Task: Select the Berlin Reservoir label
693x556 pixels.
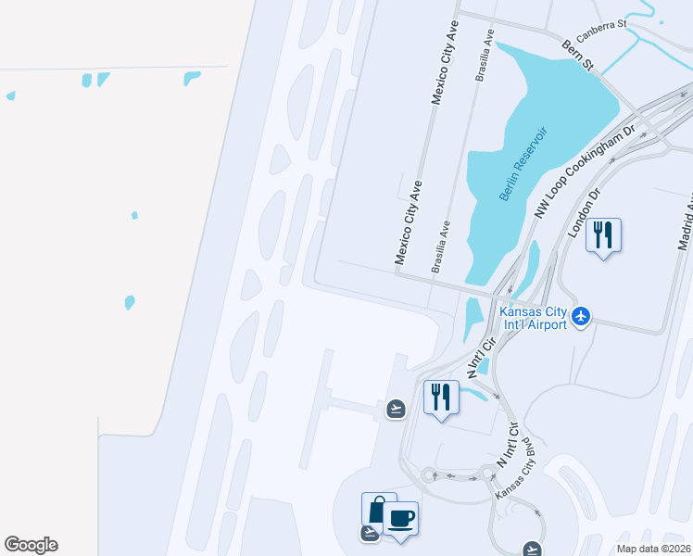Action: [x=523, y=165]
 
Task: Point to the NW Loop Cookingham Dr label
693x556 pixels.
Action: [x=584, y=172]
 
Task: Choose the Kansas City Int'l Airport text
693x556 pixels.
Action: [x=533, y=319]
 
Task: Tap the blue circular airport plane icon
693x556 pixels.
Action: [x=581, y=316]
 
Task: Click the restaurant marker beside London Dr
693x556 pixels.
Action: [x=603, y=235]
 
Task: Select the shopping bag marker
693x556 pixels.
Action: [x=378, y=509]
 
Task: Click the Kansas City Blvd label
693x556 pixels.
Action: [x=516, y=469]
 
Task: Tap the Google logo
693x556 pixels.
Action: [x=31, y=545]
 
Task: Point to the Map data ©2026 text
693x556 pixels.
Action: [x=652, y=549]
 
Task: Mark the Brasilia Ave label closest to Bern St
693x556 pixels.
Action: [x=483, y=57]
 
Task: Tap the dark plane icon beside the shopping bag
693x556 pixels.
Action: [x=370, y=532]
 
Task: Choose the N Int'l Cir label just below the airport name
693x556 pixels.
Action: [x=483, y=356]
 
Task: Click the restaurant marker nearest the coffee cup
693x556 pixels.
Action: [x=440, y=397]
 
